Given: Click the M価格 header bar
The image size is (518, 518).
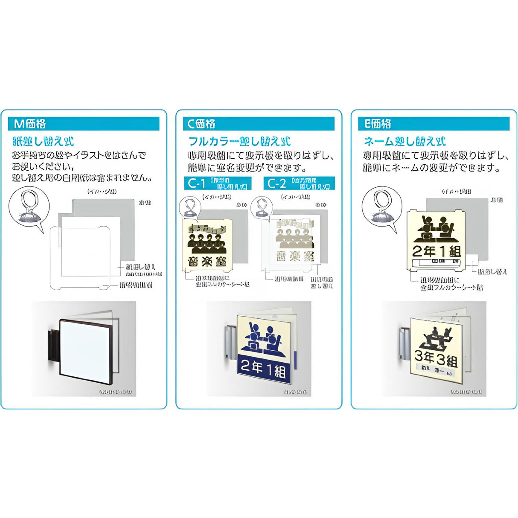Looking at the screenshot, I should click(84, 124).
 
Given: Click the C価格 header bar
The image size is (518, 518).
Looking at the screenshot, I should click(259, 124).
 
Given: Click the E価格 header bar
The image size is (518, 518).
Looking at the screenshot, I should click(434, 124).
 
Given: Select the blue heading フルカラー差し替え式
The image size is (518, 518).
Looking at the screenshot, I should click(239, 141).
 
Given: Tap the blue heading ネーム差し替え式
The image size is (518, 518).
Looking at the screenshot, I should click(405, 141).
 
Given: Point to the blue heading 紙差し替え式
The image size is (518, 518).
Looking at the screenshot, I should click(44, 141).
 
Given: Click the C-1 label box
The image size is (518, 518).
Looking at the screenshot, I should click(218, 183).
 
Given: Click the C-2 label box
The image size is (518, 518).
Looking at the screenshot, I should click(299, 183).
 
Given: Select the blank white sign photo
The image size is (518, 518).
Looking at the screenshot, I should click(86, 346).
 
